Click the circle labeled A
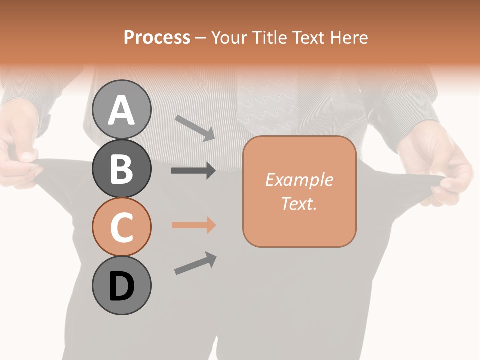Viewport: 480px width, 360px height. click(122, 109)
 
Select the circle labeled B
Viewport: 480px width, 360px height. click(122, 168)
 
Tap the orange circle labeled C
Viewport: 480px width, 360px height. click(122, 227)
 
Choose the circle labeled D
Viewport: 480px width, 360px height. click(122, 286)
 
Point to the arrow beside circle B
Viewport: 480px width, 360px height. click(193, 171)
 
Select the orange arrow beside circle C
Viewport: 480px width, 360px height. click(193, 225)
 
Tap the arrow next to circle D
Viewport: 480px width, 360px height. click(195, 263)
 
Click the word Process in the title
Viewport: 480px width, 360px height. click(157, 37)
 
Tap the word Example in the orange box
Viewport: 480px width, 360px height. click(299, 180)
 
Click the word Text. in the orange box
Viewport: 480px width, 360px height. click(299, 203)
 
